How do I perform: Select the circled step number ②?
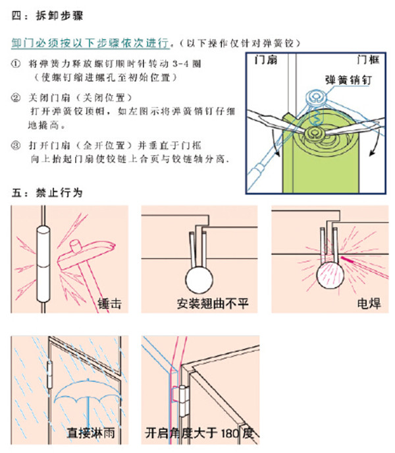(16, 99)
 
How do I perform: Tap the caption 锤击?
(109, 304)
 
